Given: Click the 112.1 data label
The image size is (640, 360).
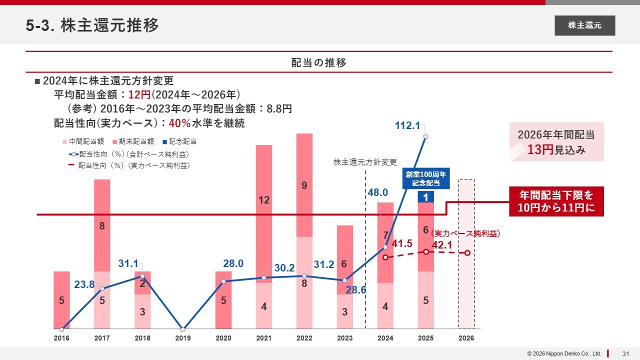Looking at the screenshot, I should (x=407, y=126).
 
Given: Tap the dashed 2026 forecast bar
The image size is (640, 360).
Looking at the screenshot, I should (x=466, y=254).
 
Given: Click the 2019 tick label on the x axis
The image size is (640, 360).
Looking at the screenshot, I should (x=183, y=338).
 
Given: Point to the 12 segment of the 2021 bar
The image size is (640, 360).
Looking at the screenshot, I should (x=264, y=200).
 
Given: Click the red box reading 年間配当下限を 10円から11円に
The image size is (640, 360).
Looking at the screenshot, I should (x=556, y=201).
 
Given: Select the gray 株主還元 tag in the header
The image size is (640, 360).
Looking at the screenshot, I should (x=584, y=25).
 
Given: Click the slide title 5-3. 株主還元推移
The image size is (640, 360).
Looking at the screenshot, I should (x=92, y=25).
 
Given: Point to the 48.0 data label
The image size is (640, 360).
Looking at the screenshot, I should (x=378, y=192).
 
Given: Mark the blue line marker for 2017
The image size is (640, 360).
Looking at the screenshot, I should (x=102, y=288).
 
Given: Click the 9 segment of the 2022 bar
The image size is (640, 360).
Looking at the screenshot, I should (x=304, y=185).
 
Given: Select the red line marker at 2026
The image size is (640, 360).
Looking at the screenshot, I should (x=467, y=253).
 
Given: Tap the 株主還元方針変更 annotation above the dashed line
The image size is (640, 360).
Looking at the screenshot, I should (x=365, y=162).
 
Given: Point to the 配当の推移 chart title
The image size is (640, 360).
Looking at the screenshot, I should (x=319, y=62).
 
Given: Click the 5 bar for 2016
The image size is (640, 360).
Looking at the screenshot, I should (x=61, y=300).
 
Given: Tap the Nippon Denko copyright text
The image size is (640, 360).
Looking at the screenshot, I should (x=564, y=353).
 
